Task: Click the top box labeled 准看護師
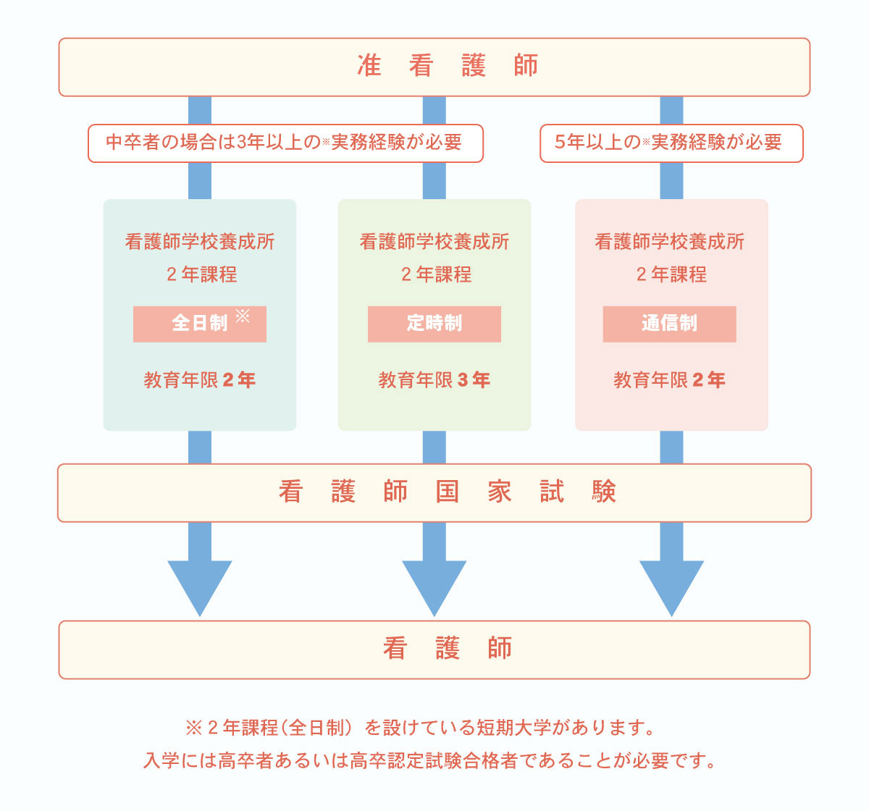tap(434, 67)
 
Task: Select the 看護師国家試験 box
tap(434, 492)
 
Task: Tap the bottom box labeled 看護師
tap(434, 649)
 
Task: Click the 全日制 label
tap(198, 324)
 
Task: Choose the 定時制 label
tap(434, 324)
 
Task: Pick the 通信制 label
tap(669, 324)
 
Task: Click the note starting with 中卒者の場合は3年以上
tap(285, 143)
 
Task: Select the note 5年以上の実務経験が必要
tap(671, 143)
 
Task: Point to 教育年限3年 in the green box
tap(434, 380)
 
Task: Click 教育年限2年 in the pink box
tap(669, 380)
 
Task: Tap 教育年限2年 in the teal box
tap(199, 380)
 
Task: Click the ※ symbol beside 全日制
tap(243, 316)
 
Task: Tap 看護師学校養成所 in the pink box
tap(669, 242)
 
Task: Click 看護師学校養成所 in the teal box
tap(200, 242)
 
